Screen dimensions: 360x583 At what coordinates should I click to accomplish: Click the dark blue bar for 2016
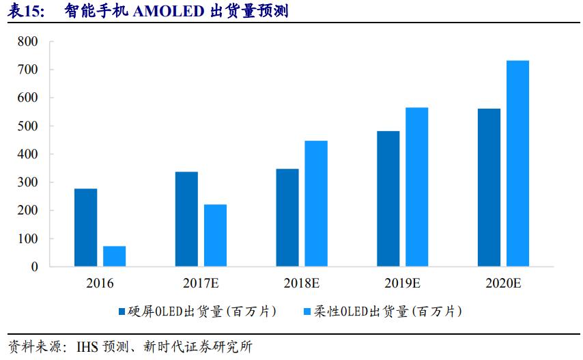[85, 227]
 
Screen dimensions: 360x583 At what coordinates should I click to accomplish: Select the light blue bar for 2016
[115, 256]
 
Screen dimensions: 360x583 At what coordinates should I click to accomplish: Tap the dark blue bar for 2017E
[186, 219]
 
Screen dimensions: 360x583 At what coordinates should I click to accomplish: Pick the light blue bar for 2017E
[215, 236]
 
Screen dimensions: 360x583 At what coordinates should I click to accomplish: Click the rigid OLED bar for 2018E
[287, 218]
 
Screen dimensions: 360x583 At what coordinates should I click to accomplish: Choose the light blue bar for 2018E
[316, 204]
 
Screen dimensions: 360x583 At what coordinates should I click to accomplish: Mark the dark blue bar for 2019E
[388, 199]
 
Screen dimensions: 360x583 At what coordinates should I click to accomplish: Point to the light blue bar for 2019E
[417, 187]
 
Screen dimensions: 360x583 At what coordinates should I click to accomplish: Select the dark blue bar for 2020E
[489, 188]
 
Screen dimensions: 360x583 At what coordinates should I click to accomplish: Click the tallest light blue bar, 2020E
[517, 164]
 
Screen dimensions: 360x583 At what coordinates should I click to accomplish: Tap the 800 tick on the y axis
[29, 42]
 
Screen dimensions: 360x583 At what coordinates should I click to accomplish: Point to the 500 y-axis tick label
[29, 126]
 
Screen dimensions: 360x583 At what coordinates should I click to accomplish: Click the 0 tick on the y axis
[34, 267]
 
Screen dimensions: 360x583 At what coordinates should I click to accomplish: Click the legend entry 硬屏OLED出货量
[198, 311]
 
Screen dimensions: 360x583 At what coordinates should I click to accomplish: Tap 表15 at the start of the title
[27, 12]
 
